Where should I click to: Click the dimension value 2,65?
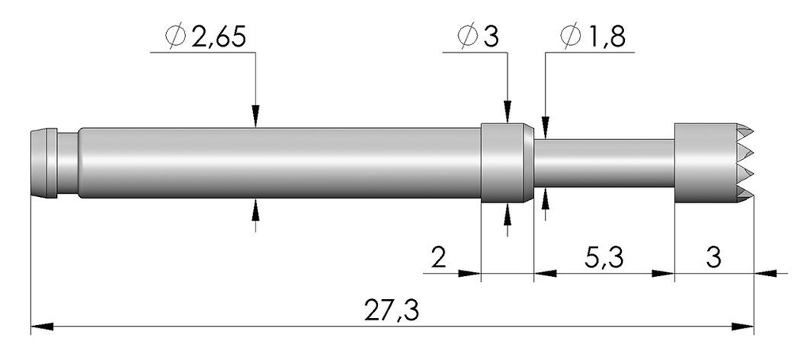[x=218, y=38]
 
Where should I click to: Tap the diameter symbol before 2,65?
[x=176, y=37]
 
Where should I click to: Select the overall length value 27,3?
[x=391, y=311]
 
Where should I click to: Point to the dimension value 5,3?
[x=604, y=257]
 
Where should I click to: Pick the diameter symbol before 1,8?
[x=570, y=37]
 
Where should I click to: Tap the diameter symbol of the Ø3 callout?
[x=468, y=37]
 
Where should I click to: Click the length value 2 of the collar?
[x=438, y=257]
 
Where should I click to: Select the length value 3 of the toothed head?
[x=713, y=257]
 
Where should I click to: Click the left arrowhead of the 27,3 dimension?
[x=42, y=327]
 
